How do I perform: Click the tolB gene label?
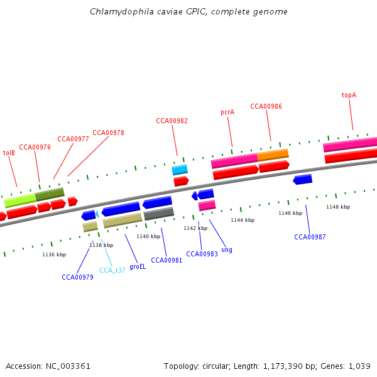point(9,153)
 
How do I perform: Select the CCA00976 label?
point(35,147)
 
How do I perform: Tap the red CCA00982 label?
point(172,121)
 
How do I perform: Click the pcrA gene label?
point(227,112)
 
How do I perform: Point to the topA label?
point(349,96)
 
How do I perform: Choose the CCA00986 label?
point(266,106)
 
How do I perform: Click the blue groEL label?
point(138,266)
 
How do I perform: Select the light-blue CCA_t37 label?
point(112,270)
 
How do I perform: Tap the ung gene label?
point(227,249)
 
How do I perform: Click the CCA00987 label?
point(310,237)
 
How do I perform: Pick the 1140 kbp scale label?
point(148,236)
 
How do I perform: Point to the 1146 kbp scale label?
point(290,213)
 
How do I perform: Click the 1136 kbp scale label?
point(54,254)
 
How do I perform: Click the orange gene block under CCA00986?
point(273,155)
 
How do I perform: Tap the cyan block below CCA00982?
point(180,170)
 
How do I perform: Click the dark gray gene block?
point(158,214)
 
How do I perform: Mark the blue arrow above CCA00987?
point(303,180)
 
